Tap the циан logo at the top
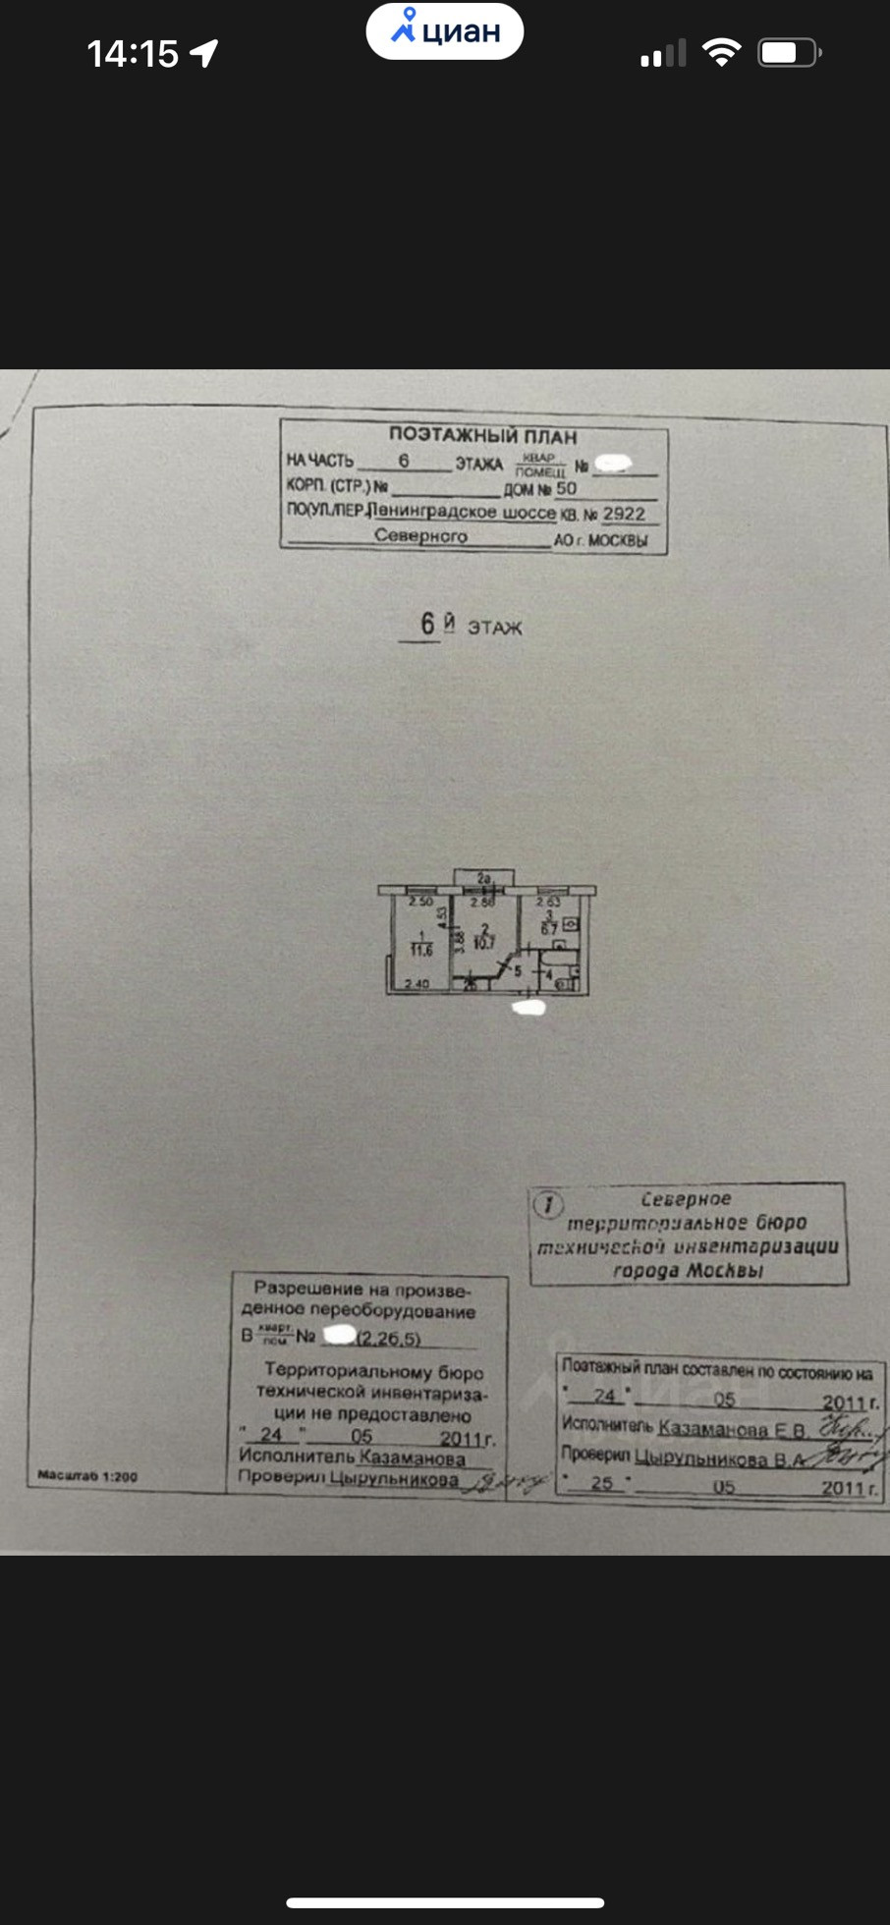coord(445,31)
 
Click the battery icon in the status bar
coord(788,52)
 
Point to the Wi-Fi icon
coord(722,52)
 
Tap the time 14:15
coord(133,54)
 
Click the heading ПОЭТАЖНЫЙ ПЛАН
coord(482,435)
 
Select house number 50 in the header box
coord(567,488)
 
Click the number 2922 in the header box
coord(624,513)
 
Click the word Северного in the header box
coord(420,536)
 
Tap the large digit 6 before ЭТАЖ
coord(427,623)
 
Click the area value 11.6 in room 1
coord(421,950)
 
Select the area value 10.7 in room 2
coord(484,942)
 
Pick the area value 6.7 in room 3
coord(549,928)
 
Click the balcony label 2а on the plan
coord(483,878)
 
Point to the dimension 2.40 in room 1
coord(417,983)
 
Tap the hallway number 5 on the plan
coord(518,971)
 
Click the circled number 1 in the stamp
coord(547,1204)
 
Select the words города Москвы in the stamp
coord(688,1271)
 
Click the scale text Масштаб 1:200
coord(87,1475)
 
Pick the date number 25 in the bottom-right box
coord(603,1483)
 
